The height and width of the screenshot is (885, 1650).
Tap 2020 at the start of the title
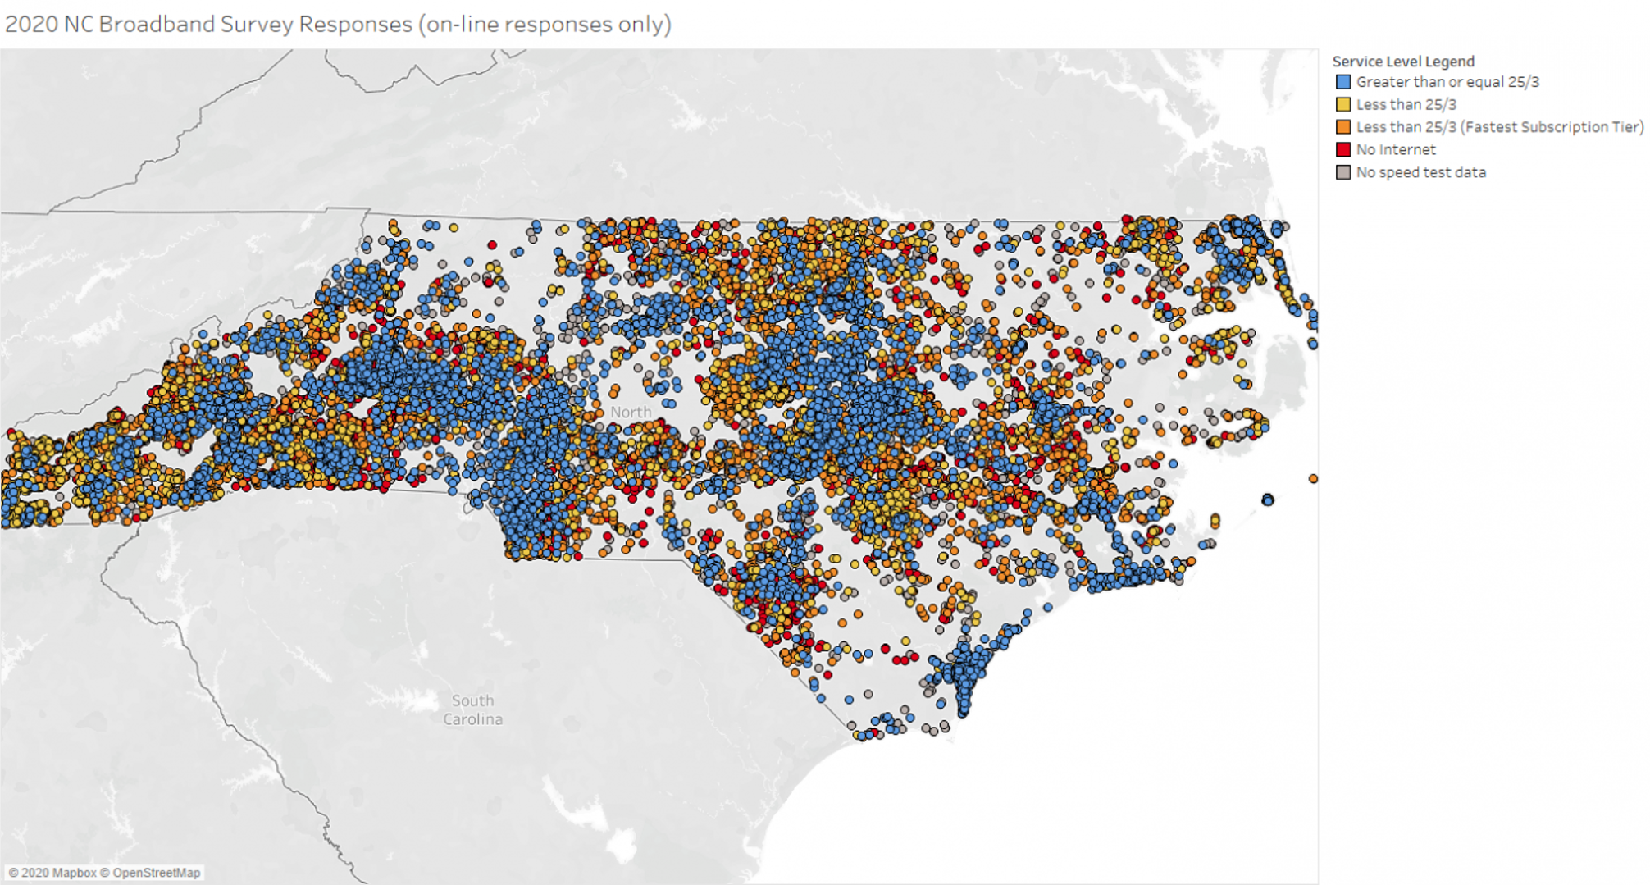pyautogui.click(x=31, y=24)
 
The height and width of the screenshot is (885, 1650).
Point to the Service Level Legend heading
pyautogui.click(x=1403, y=62)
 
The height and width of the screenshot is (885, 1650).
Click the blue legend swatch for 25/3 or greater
pyautogui.click(x=1343, y=82)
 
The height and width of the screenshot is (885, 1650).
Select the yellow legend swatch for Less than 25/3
pyautogui.click(x=1343, y=104)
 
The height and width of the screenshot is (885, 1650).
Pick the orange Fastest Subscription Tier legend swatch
pyautogui.click(x=1343, y=127)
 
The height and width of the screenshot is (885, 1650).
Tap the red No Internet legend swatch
pyautogui.click(x=1343, y=149)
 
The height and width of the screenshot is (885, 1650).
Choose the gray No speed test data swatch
pyautogui.click(x=1343, y=172)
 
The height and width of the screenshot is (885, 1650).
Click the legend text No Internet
pyautogui.click(x=1396, y=149)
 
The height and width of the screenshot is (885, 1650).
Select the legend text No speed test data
pyautogui.click(x=1420, y=172)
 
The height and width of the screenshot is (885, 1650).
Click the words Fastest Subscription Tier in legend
pyautogui.click(x=1552, y=127)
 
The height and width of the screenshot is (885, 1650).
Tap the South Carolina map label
pyautogui.click(x=472, y=710)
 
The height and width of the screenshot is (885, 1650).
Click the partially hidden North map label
pyautogui.click(x=631, y=412)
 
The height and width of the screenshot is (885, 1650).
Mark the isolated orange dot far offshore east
pyautogui.click(x=1313, y=478)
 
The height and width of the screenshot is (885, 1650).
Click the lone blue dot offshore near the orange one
pyautogui.click(x=1268, y=500)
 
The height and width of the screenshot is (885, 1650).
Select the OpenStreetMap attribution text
pyautogui.click(x=156, y=873)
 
